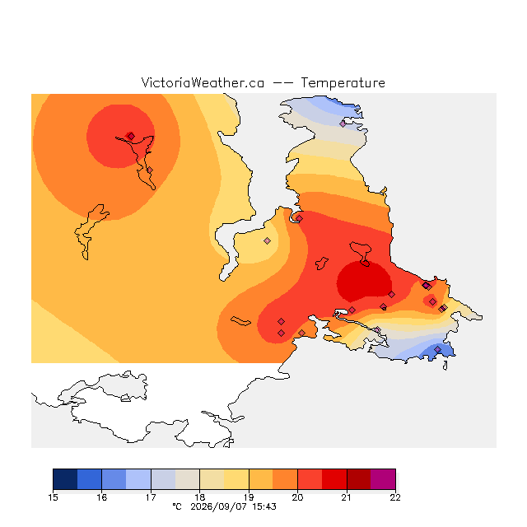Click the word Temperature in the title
tap(343, 83)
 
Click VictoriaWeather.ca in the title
tap(203, 82)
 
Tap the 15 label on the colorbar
tap(53, 497)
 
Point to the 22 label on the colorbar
tap(395, 497)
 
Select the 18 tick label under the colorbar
tap(199, 497)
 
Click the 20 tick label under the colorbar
tap(297, 497)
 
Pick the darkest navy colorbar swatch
tap(65, 479)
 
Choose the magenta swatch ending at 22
tap(383, 479)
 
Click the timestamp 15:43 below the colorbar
tap(264, 506)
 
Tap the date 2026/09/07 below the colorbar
tap(220, 506)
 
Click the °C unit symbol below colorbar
tap(177, 506)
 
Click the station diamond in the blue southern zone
tap(437, 349)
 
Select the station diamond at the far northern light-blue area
tap(343, 124)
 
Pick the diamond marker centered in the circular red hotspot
tap(131, 136)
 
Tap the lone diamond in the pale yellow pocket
tap(267, 240)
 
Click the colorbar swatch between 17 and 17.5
tap(163, 479)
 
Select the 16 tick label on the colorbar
tap(102, 497)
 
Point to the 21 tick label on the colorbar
tap(347, 497)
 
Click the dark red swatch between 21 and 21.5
tap(359, 479)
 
